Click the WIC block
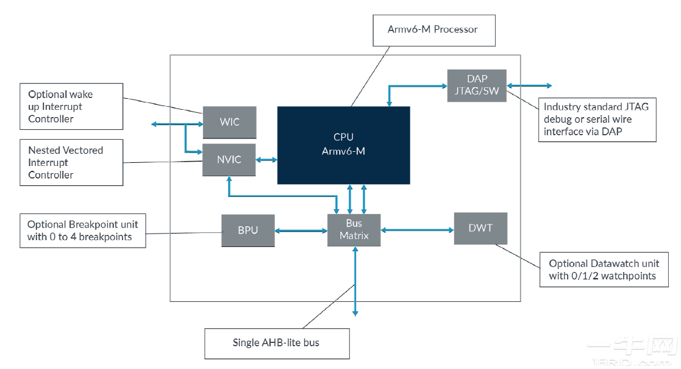point(229,123)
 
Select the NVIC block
point(229,160)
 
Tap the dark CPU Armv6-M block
point(343,145)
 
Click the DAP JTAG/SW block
point(477,85)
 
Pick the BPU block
point(248,231)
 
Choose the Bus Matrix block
point(354,230)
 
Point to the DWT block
point(480,228)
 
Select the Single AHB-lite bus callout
point(276,343)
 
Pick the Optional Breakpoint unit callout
point(82,231)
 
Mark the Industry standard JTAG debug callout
point(597,119)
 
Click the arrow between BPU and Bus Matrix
point(301,231)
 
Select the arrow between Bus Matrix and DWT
point(417,230)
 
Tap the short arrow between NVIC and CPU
point(266,160)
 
